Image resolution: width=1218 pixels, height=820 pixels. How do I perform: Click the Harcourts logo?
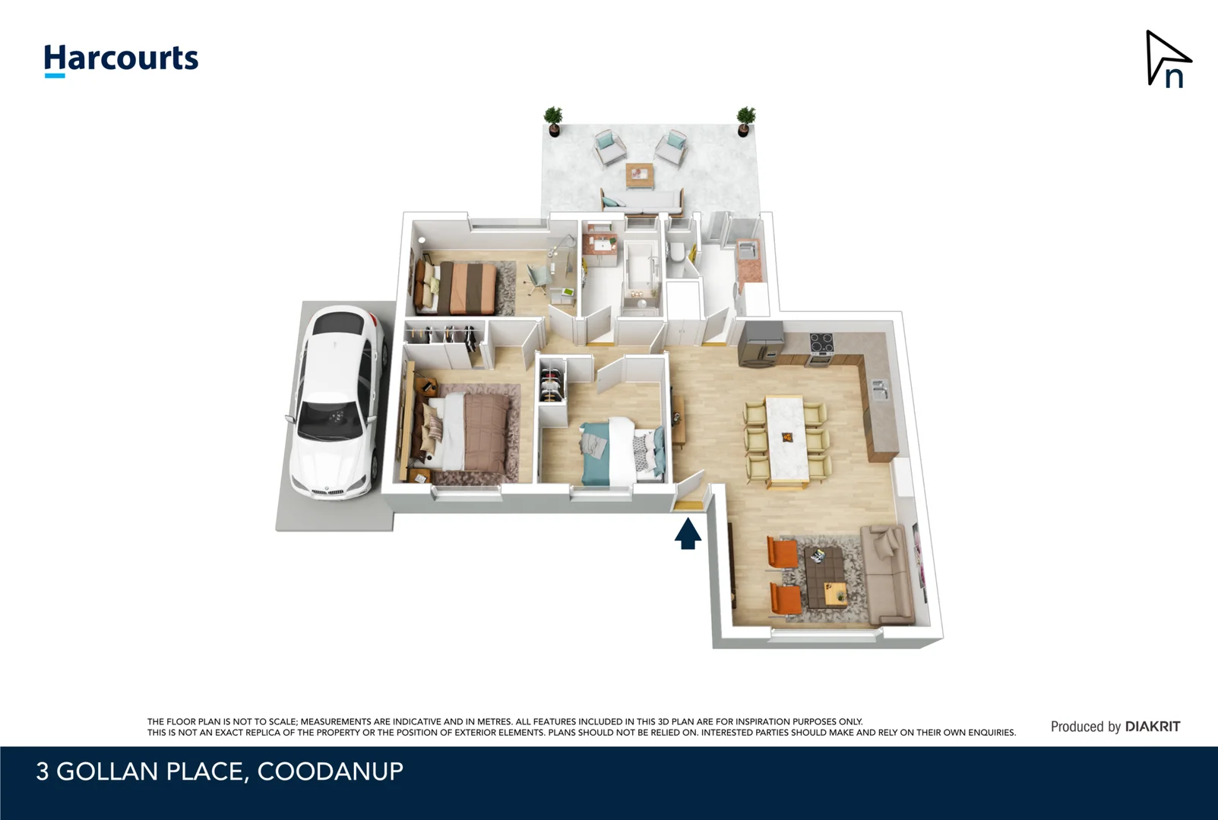tap(121, 59)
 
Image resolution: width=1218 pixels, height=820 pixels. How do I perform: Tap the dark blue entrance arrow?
tap(688, 533)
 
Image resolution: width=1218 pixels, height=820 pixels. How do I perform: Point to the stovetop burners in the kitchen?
tap(821, 343)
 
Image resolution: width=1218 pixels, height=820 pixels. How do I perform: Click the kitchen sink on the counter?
tap(880, 389)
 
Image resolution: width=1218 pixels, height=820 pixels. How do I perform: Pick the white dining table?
tap(785, 439)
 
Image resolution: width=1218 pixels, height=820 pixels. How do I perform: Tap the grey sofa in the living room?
tap(886, 573)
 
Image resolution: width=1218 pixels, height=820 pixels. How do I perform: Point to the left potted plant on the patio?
tap(553, 121)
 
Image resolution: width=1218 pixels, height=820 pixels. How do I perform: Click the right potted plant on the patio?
tap(746, 121)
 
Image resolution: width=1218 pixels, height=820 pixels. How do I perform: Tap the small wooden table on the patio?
tap(640, 175)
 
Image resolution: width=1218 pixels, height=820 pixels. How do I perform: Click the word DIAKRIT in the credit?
tap(1152, 727)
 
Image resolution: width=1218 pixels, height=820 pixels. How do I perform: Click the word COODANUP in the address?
tap(330, 771)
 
